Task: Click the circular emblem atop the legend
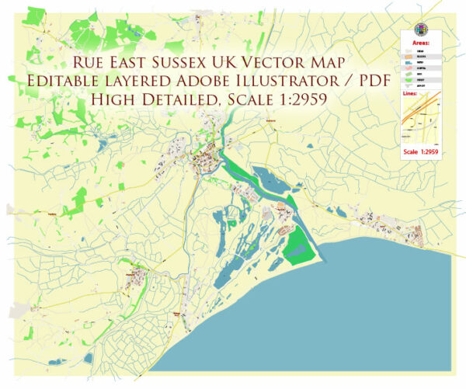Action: click(x=423, y=23)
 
